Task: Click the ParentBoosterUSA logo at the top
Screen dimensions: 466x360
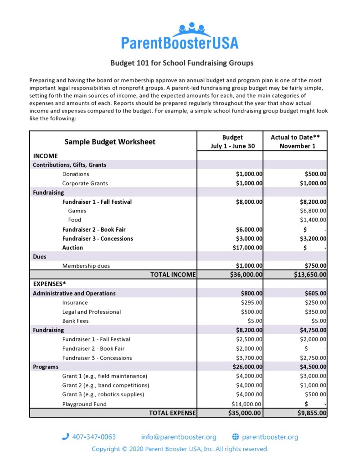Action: pyautogui.click(x=180, y=36)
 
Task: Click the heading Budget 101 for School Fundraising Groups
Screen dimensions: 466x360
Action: pyautogui.click(x=181, y=63)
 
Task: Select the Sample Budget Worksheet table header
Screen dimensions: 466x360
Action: pyautogui.click(x=110, y=141)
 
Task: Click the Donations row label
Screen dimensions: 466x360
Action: pyautogui.click(x=76, y=174)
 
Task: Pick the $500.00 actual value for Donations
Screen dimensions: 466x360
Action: pyautogui.click(x=315, y=174)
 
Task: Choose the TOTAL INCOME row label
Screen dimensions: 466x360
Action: pyautogui.click(x=173, y=274)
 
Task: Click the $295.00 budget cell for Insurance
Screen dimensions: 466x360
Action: pyautogui.click(x=252, y=303)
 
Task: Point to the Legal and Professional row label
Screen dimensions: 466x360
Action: pyautogui.click(x=92, y=312)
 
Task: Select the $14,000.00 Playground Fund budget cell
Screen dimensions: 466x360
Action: pyautogui.click(x=247, y=404)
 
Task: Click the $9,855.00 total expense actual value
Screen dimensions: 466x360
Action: pyautogui.click(x=308, y=413)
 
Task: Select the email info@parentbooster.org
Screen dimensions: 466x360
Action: pyautogui.click(x=179, y=437)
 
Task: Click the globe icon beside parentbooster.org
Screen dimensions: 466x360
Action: pyautogui.click(x=236, y=437)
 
